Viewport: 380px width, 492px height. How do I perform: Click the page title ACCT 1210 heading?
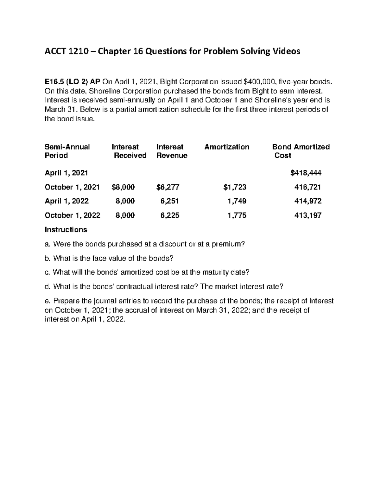(x=172, y=51)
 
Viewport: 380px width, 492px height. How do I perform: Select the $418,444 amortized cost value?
(x=306, y=173)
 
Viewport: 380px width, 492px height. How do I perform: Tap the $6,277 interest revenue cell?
(x=168, y=187)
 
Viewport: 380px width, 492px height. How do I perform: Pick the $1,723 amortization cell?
(x=235, y=187)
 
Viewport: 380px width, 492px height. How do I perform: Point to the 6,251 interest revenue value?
(x=170, y=201)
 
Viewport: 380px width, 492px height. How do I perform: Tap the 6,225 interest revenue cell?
(x=170, y=215)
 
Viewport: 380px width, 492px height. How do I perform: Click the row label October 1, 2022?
(x=73, y=215)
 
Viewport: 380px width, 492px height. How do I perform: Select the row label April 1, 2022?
(x=67, y=201)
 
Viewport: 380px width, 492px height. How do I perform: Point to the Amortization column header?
(x=227, y=147)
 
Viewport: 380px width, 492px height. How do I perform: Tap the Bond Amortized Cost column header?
(x=301, y=151)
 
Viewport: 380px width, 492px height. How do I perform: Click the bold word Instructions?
(x=66, y=229)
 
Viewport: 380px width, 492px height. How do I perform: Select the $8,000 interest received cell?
(x=123, y=187)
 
